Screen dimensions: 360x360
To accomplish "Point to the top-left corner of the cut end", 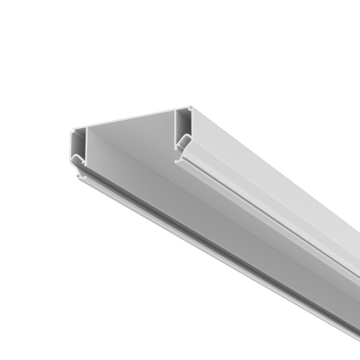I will [70, 131].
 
